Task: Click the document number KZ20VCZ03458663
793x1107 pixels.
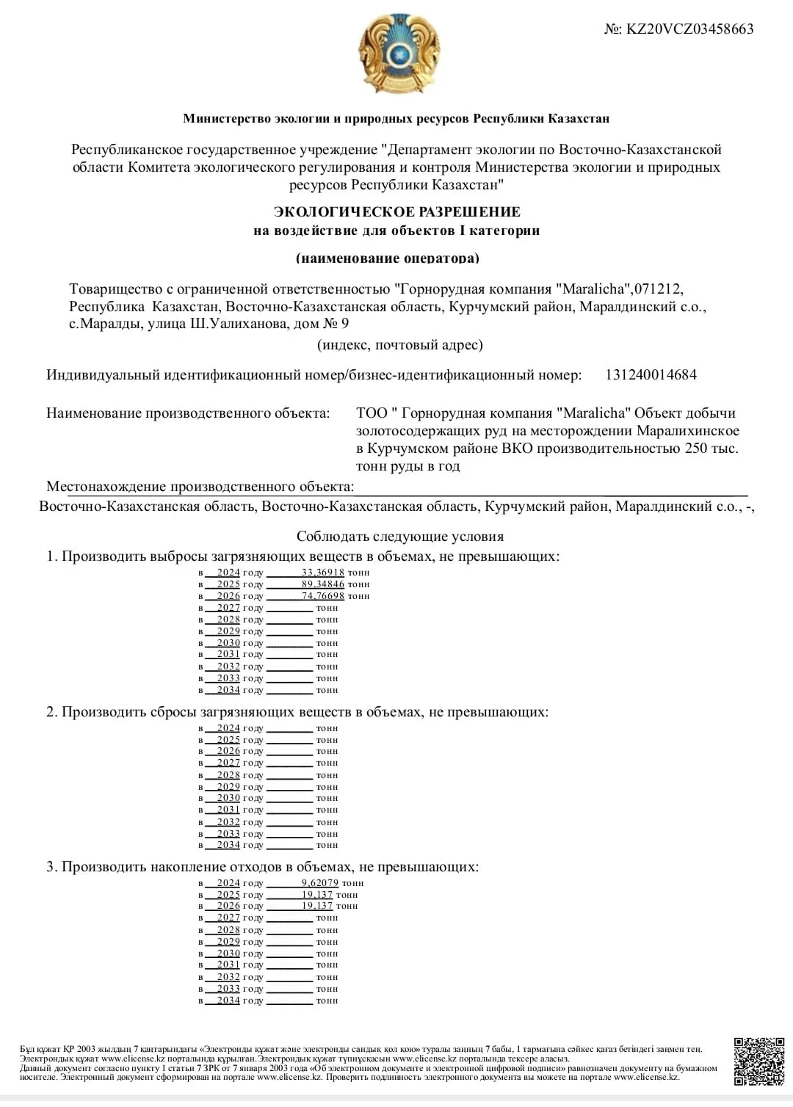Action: pyautogui.click(x=689, y=29)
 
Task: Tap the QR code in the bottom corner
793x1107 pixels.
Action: pyautogui.click(x=759, y=1061)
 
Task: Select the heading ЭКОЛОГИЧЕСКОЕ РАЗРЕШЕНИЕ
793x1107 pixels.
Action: pyautogui.click(x=396, y=212)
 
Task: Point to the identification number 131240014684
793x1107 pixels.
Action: pyautogui.click(x=651, y=375)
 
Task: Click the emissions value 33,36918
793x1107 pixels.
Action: pyautogui.click(x=322, y=573)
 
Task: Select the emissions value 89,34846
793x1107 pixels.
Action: pyautogui.click(x=322, y=584)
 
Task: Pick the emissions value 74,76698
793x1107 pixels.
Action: pyautogui.click(x=322, y=596)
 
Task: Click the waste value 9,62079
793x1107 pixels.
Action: pyautogui.click(x=319, y=883)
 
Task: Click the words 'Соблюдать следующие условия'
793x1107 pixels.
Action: pyautogui.click(x=400, y=537)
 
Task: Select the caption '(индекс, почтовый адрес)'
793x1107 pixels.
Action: pyautogui.click(x=400, y=345)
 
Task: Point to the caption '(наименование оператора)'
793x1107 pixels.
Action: pyautogui.click(x=388, y=258)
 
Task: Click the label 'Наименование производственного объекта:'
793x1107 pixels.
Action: pyautogui.click(x=188, y=413)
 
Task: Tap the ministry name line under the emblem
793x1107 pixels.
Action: pyautogui.click(x=396, y=119)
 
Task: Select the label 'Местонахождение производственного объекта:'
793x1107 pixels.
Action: pyautogui.click(x=200, y=487)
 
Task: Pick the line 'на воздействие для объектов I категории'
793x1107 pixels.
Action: pyautogui.click(x=396, y=231)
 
